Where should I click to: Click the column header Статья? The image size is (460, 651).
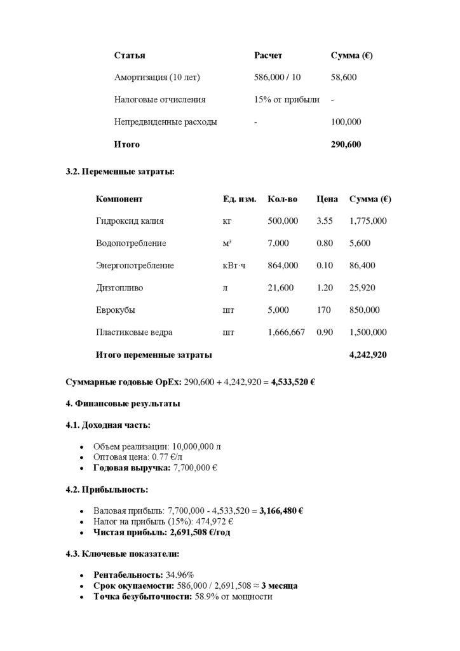pyautogui.click(x=130, y=55)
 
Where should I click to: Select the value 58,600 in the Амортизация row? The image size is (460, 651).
pyautogui.click(x=344, y=78)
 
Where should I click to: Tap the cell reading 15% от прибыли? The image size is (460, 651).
pyautogui.click(x=287, y=100)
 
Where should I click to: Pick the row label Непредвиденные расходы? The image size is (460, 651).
pyautogui.click(x=165, y=122)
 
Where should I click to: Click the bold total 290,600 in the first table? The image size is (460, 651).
pyautogui.click(x=346, y=144)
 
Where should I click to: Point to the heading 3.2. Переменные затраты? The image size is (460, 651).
pyautogui.click(x=119, y=172)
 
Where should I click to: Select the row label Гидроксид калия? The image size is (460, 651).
pyautogui.click(x=130, y=221)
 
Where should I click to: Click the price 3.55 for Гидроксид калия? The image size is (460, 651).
pyautogui.click(x=325, y=221)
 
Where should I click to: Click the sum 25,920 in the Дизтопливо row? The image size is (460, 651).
pyautogui.click(x=362, y=288)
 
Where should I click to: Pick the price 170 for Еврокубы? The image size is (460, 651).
pyautogui.click(x=324, y=310)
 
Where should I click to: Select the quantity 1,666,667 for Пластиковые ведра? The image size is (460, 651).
pyautogui.click(x=287, y=332)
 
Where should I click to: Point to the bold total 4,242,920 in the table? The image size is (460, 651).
pyautogui.click(x=368, y=355)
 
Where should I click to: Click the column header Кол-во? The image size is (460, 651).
pyautogui.click(x=282, y=199)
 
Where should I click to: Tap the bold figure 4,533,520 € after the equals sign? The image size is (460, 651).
pyautogui.click(x=294, y=383)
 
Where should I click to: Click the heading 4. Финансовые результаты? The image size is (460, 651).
pyautogui.click(x=123, y=404)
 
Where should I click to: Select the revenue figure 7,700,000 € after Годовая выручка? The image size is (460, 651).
pyautogui.click(x=196, y=468)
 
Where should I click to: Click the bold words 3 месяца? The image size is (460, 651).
pyautogui.click(x=280, y=586)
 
